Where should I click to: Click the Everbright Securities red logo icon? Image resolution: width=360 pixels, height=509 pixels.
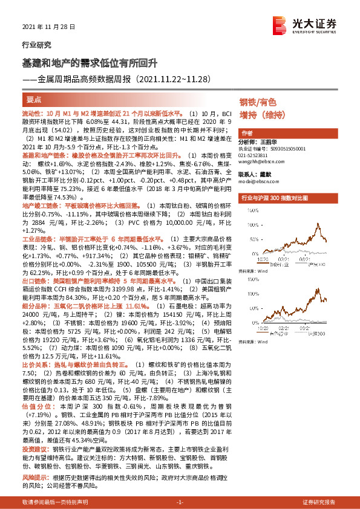coord(280,24)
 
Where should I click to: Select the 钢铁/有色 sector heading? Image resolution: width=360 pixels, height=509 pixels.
coord(258,102)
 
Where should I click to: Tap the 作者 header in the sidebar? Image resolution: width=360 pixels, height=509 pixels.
coord(247,132)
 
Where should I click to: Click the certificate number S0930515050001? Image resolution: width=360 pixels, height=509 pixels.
coord(279,148)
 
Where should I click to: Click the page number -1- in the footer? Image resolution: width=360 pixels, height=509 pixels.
coord(179,502)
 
